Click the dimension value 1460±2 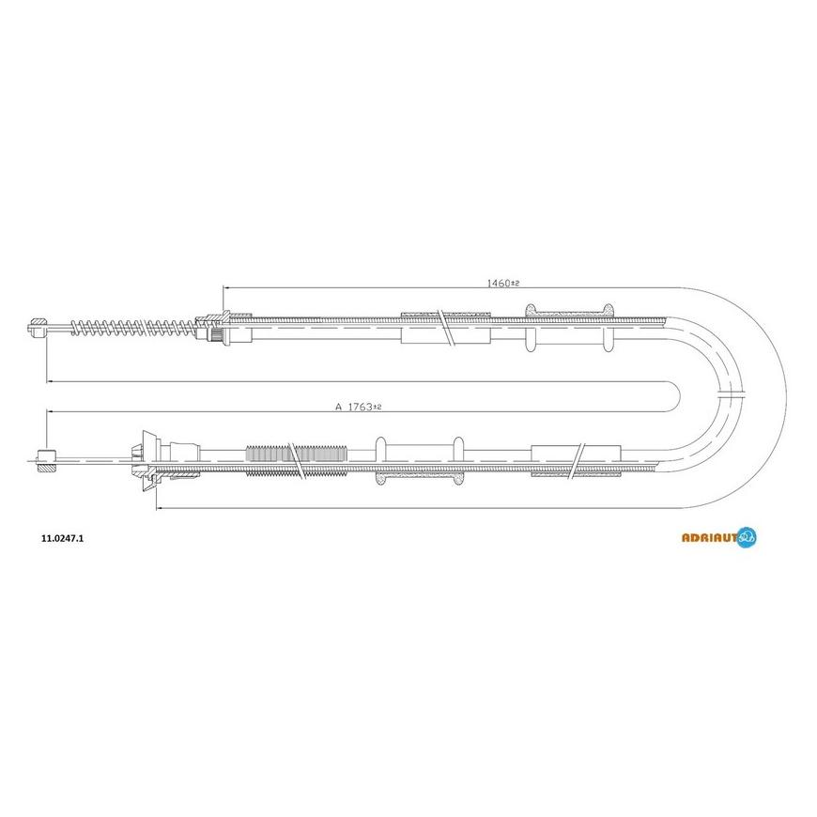pyautogui.click(x=503, y=283)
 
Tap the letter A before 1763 pyautogui.click(x=338, y=407)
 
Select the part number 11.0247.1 pyautogui.click(x=62, y=539)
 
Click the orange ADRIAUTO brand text pyautogui.click(x=710, y=538)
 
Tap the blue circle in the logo pyautogui.click(x=748, y=536)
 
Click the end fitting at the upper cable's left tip pyautogui.click(x=38, y=329)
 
